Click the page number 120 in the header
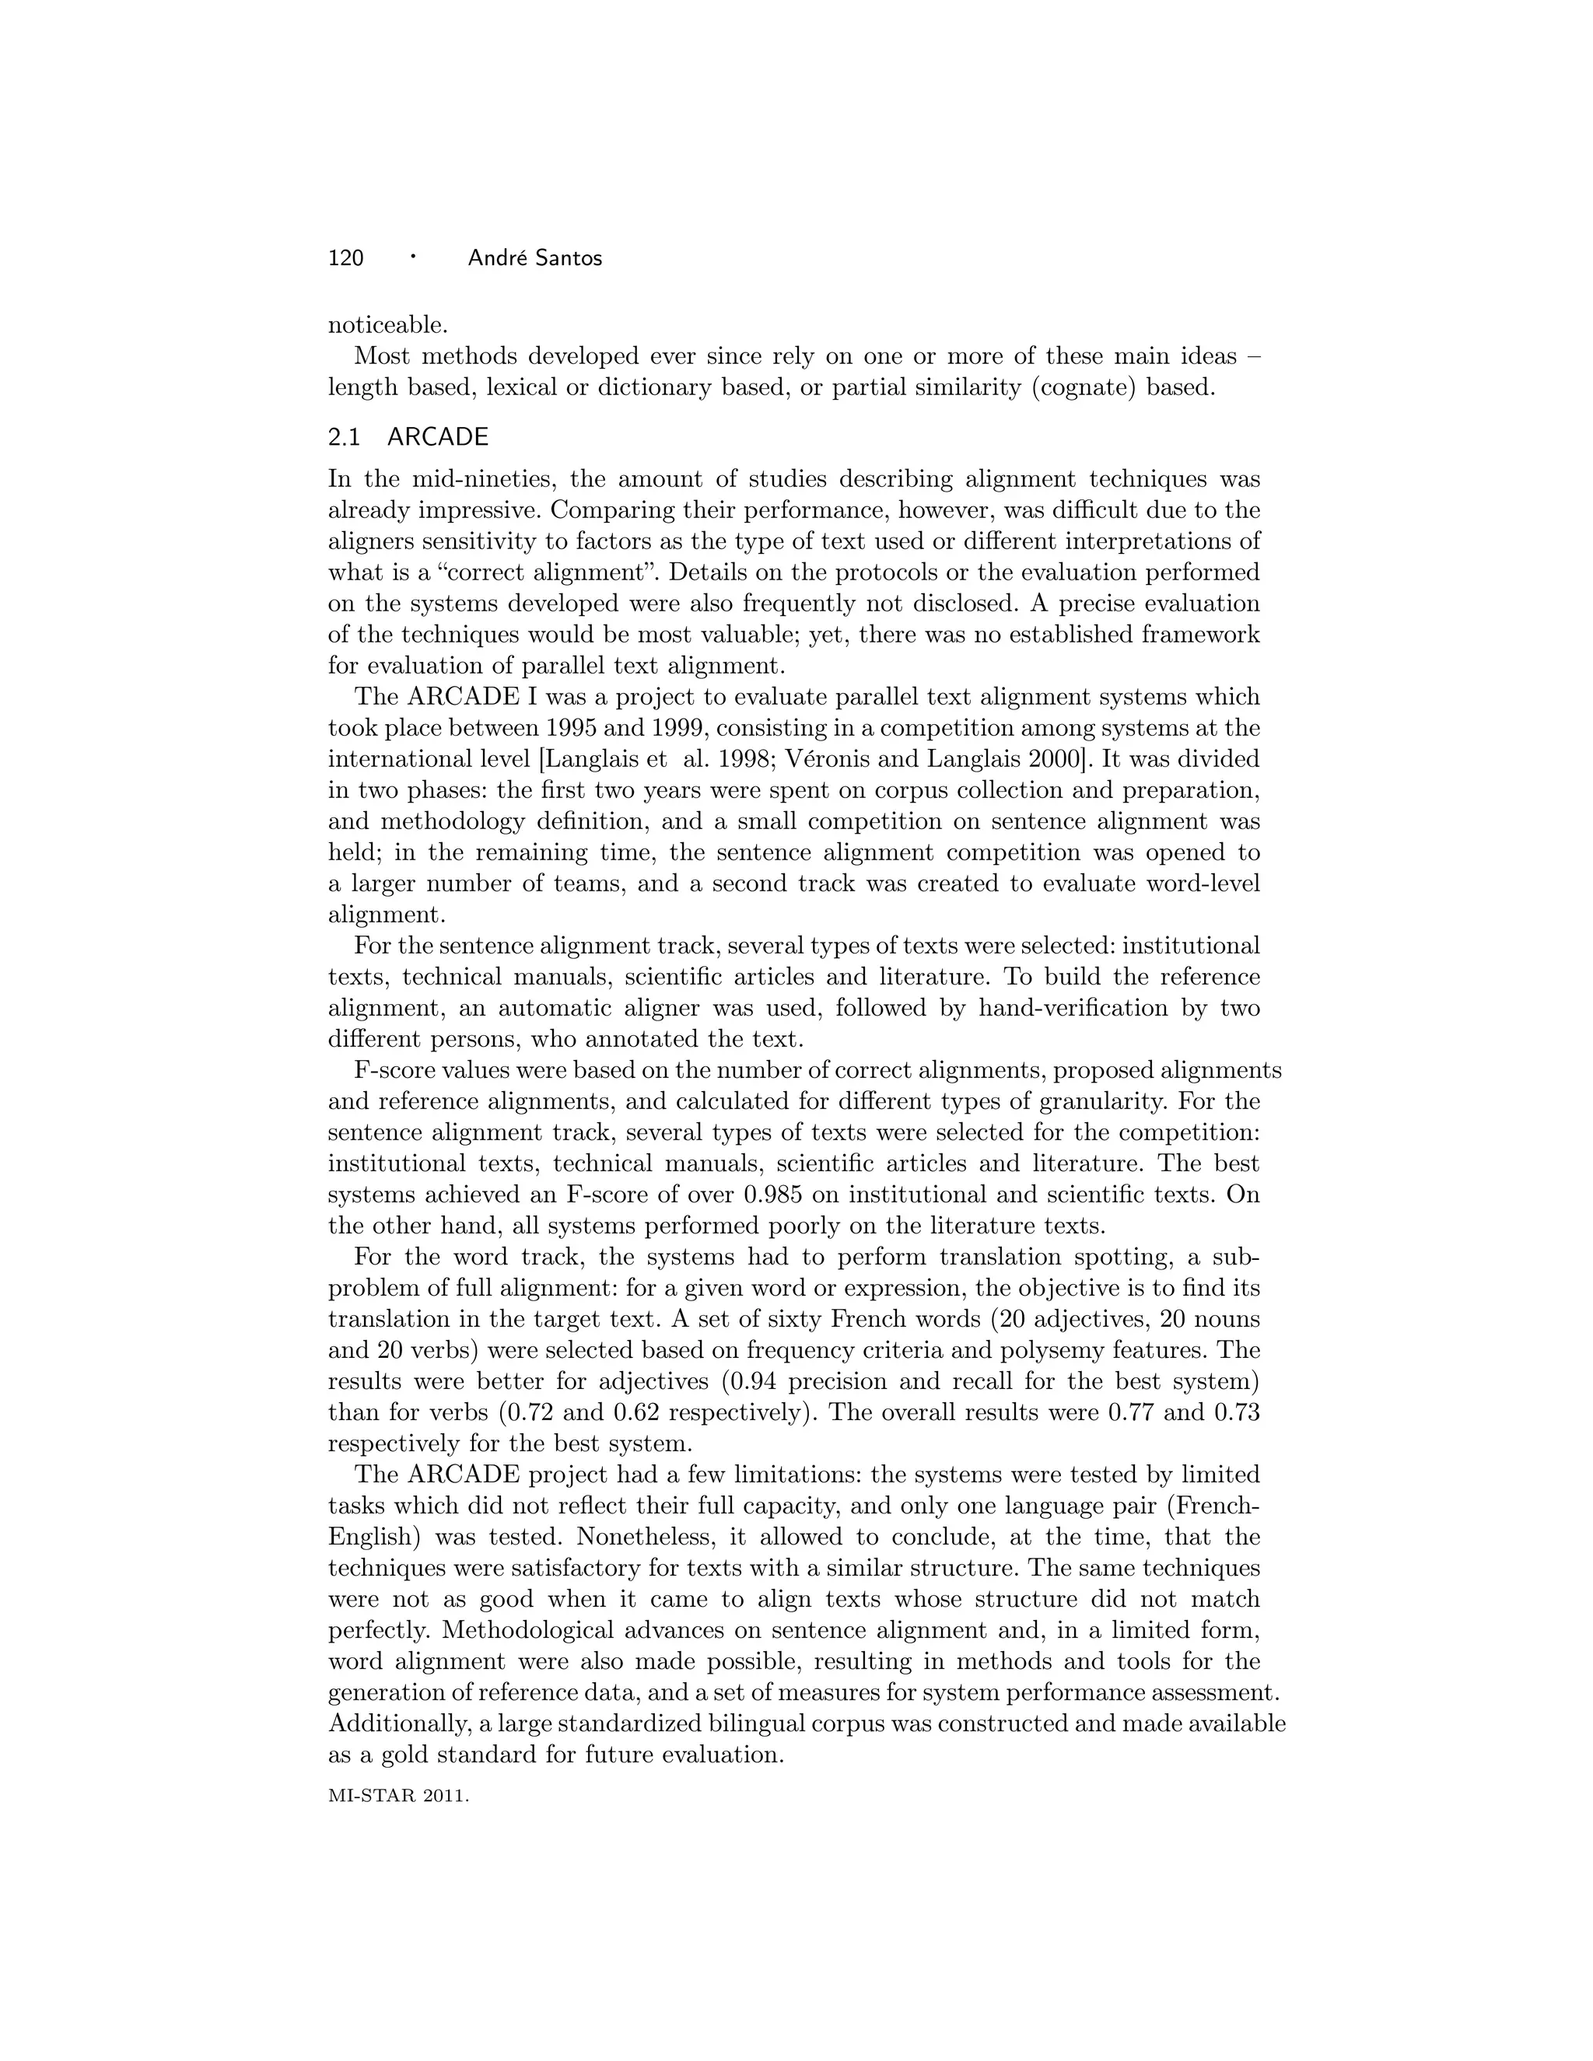point(345,257)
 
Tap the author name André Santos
point(534,257)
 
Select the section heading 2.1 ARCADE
point(408,437)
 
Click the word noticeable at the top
point(387,326)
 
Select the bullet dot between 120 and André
point(413,256)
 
